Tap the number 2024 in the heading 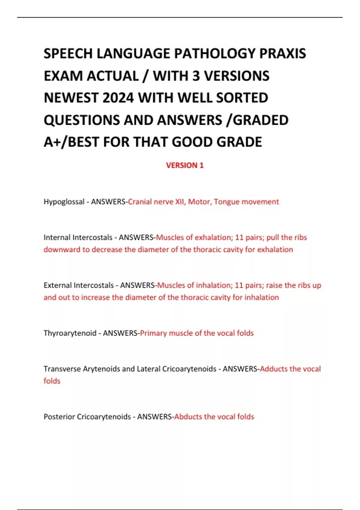[118, 98]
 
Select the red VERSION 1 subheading [185, 165]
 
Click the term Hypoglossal [64, 202]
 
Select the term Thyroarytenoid [70, 333]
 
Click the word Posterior [59, 417]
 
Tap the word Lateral [148, 369]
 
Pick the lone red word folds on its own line [52, 381]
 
